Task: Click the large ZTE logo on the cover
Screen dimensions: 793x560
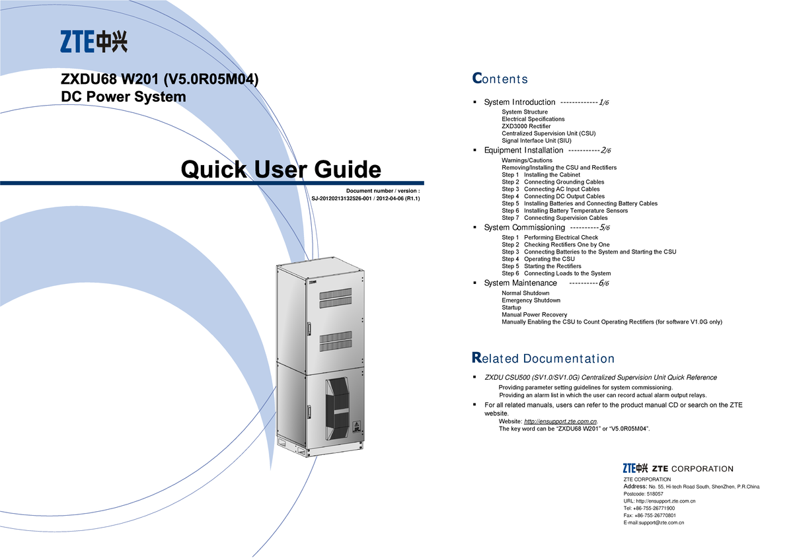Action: (x=94, y=42)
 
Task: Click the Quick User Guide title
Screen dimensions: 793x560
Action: (x=281, y=169)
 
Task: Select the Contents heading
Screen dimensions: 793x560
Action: (x=500, y=79)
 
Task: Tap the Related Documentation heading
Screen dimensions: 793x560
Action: (x=543, y=358)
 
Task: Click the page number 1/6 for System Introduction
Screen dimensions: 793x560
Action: (x=603, y=102)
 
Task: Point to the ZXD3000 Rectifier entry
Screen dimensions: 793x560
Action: (x=526, y=126)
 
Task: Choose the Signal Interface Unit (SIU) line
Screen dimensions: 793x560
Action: (x=537, y=141)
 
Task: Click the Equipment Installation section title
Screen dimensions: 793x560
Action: (x=523, y=151)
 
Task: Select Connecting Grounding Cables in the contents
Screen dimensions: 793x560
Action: (x=564, y=182)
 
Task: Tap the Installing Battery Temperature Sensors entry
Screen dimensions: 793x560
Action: (x=576, y=211)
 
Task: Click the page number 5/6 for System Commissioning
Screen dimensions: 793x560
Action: (x=604, y=227)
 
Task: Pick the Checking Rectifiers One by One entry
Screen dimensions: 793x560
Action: (x=567, y=244)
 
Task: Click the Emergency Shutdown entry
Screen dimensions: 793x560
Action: (x=531, y=300)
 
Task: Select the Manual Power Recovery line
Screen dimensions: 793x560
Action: (x=534, y=314)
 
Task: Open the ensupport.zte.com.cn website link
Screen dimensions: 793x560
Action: (x=560, y=421)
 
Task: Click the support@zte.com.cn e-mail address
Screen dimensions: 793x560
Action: (x=661, y=522)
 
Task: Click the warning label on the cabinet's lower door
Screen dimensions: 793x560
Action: (x=356, y=427)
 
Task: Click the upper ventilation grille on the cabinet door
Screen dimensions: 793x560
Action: (x=336, y=298)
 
